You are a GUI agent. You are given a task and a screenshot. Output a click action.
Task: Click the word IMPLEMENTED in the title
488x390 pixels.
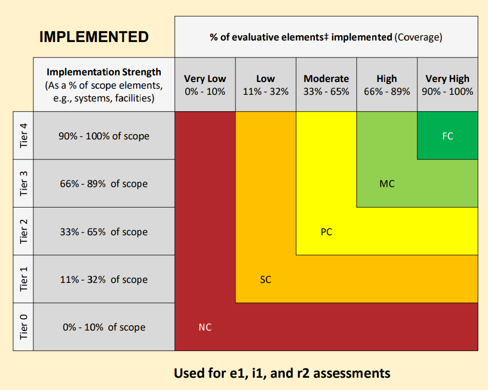point(94,37)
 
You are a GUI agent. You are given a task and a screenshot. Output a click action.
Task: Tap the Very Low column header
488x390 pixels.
point(205,85)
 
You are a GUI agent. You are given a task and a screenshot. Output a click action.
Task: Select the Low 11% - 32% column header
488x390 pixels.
point(265,85)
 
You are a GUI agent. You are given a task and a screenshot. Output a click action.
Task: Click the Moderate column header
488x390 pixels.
point(326,85)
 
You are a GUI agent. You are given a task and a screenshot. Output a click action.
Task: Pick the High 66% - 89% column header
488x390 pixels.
point(387,85)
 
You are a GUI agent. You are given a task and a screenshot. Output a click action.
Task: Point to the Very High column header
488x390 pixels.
point(448,85)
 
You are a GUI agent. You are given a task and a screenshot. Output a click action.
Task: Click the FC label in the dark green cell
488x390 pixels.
point(448,136)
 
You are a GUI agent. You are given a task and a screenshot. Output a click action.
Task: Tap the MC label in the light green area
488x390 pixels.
point(387,183)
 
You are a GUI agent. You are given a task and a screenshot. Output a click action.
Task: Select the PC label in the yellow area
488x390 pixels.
point(326,232)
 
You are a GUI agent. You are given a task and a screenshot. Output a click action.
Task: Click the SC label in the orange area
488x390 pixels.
point(265,280)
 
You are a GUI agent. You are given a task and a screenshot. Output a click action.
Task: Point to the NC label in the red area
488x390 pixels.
point(205,327)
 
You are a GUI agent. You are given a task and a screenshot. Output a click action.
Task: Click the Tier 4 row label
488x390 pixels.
point(23,136)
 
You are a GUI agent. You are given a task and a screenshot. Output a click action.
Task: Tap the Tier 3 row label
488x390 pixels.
point(23,183)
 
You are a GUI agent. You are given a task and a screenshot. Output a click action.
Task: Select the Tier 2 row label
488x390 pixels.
point(23,231)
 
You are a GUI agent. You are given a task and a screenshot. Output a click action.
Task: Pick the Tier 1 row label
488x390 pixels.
point(23,279)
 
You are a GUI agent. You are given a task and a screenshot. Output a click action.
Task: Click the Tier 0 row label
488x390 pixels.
point(23,327)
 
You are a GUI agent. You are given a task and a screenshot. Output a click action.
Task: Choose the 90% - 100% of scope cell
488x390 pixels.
point(104,136)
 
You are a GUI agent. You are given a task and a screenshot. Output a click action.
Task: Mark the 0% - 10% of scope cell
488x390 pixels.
point(104,327)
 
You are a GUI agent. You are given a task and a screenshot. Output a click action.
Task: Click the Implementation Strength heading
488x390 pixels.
point(104,72)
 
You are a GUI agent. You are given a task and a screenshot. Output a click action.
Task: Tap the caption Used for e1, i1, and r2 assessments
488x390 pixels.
point(282,373)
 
